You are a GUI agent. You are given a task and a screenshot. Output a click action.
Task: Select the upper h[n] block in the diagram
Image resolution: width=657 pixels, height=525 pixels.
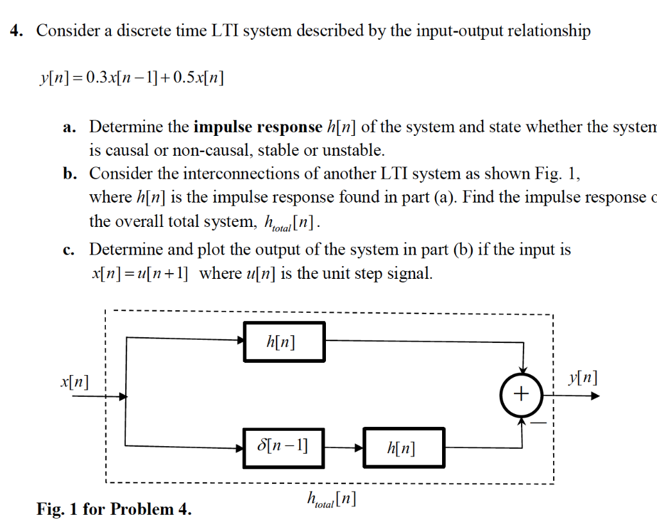click(284, 342)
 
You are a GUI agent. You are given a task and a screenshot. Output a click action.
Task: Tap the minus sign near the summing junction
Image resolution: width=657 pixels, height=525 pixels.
click(542, 424)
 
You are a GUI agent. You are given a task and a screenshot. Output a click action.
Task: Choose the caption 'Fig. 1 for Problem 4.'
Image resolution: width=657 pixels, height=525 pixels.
click(114, 510)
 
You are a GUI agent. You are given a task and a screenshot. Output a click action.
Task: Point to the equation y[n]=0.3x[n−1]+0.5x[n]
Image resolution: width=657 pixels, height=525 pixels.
click(132, 79)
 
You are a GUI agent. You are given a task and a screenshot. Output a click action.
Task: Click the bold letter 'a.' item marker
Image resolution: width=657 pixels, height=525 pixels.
click(70, 128)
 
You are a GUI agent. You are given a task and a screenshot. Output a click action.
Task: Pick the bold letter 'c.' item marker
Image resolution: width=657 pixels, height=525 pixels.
click(70, 250)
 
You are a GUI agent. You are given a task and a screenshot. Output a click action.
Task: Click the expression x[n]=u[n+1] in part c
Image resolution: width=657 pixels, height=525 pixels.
click(140, 274)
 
